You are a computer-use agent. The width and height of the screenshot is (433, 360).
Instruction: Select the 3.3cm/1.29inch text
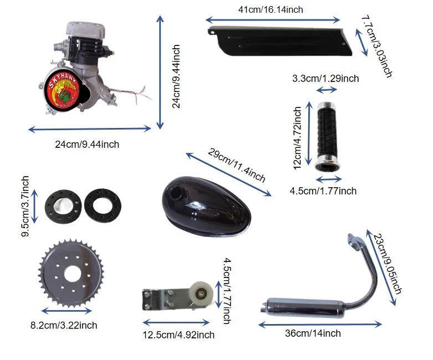pyautogui.click(x=325, y=78)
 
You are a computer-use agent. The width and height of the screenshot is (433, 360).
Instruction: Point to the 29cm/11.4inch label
pyautogui.click(x=237, y=164)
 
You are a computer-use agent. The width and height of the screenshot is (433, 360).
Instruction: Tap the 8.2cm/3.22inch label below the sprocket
pyautogui.click(x=64, y=325)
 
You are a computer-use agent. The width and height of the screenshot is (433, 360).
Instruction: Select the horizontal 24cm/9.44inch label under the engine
pyautogui.click(x=87, y=145)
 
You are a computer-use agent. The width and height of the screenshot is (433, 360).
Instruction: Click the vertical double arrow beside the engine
pyautogui.click(x=161, y=73)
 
